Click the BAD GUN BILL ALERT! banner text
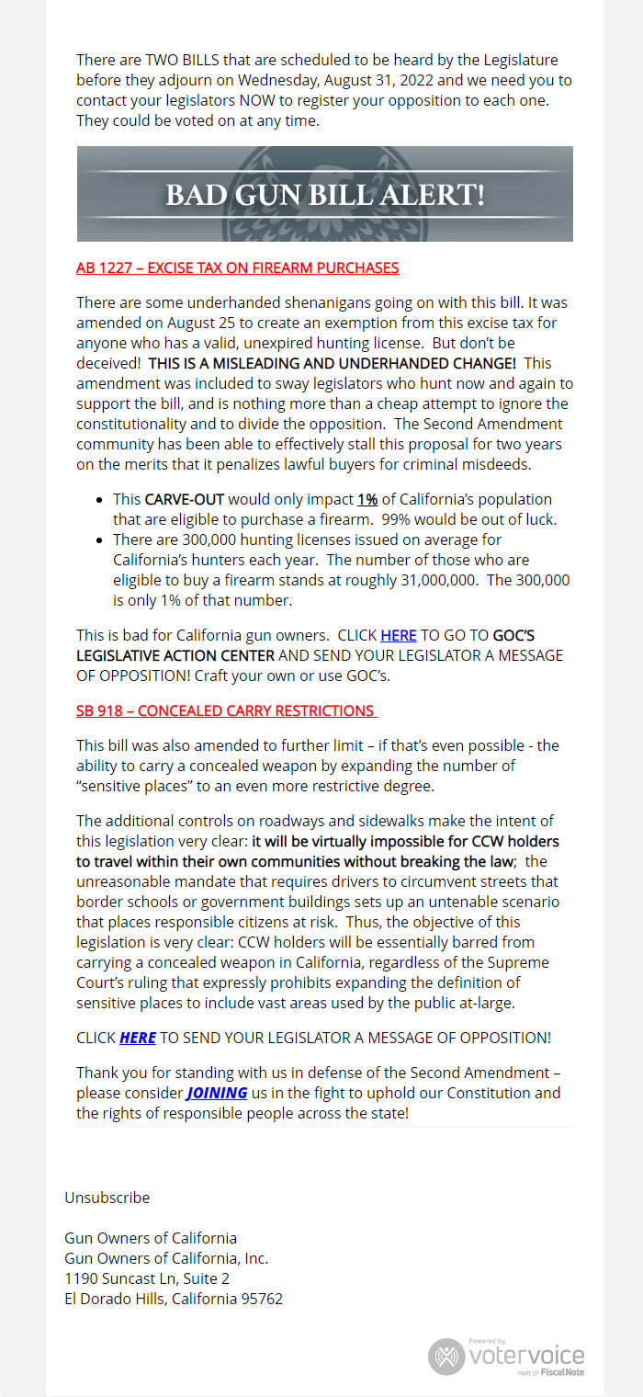(324, 195)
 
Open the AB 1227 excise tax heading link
(237, 268)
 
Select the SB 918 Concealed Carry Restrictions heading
(226, 710)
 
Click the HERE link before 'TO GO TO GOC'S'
(398, 635)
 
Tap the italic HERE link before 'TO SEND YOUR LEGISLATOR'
(138, 1038)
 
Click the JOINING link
(217, 1093)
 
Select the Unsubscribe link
(107, 1198)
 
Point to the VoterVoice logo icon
(446, 1357)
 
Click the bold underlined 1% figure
(367, 499)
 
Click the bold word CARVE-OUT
(185, 499)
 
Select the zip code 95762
(261, 1299)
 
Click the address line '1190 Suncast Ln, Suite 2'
(147, 1278)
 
